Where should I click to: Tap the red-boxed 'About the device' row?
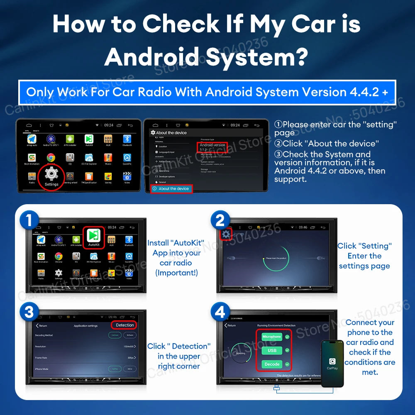pyautogui.click(x=171, y=189)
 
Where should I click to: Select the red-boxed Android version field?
pyautogui.click(x=212, y=147)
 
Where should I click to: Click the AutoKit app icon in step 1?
pyautogui.click(x=94, y=237)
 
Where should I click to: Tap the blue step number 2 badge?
pyautogui.click(x=220, y=220)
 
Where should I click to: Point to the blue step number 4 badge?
pyautogui.click(x=220, y=312)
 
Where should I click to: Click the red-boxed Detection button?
pyautogui.click(x=124, y=325)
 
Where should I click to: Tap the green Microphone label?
pyautogui.click(x=272, y=337)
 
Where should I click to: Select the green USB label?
pyautogui.click(x=272, y=351)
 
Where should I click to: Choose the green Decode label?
pyautogui.click(x=272, y=364)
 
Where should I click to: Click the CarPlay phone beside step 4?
pyautogui.click(x=332, y=363)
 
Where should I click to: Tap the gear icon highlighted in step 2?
pyautogui.click(x=225, y=234)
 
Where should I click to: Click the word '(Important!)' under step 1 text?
pyautogui.click(x=176, y=273)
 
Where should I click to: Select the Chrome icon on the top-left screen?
pyautogui.click(x=51, y=158)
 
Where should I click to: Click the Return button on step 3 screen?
pyautogui.click(x=41, y=326)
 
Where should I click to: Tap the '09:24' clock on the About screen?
pyautogui.click(x=235, y=125)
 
